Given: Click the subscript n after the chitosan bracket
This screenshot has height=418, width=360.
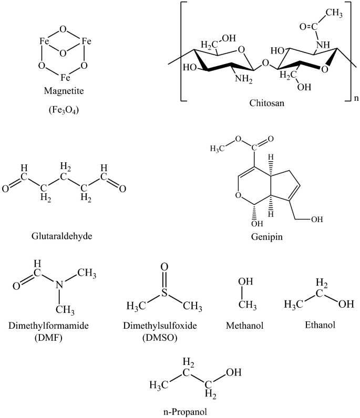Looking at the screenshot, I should click(x=355, y=98).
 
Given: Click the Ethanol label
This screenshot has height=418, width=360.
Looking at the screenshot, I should click(x=320, y=326).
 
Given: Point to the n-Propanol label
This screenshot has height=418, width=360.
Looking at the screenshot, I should click(x=194, y=411).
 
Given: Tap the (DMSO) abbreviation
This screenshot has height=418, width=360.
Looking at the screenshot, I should click(x=164, y=337).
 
